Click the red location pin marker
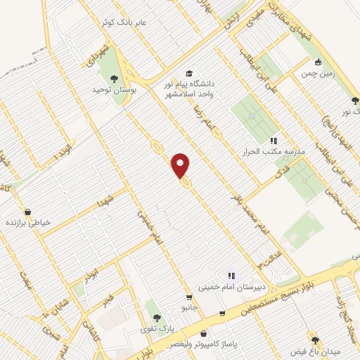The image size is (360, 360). tap(181, 165)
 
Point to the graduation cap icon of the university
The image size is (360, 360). tap(188, 73)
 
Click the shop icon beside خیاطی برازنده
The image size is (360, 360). tap(27, 211)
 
